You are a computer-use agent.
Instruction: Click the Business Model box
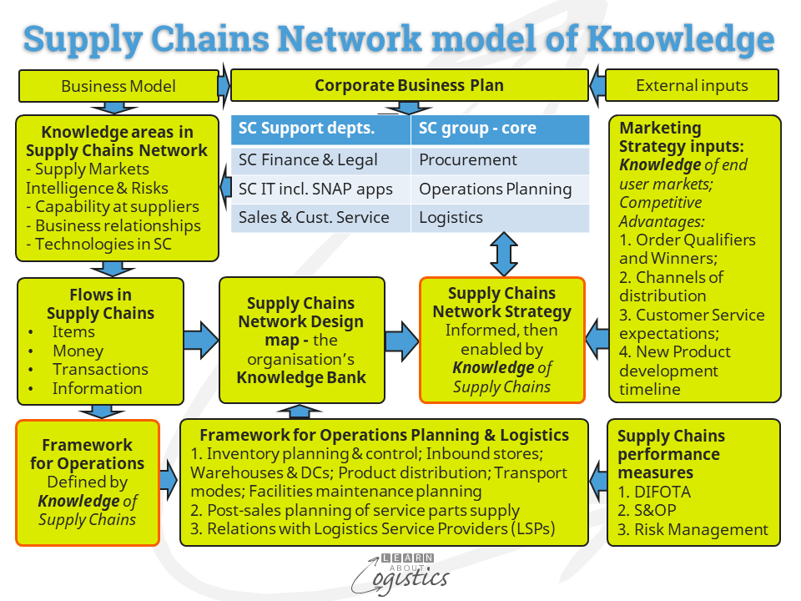coord(118,86)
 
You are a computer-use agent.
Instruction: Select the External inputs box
coord(692,85)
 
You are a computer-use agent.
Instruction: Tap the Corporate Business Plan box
coord(409,85)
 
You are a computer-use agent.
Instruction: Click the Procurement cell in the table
coord(500,160)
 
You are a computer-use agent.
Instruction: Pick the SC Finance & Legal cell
coord(320,160)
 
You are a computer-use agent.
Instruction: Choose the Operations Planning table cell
coord(500,189)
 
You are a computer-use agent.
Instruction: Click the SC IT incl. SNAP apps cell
coord(320,189)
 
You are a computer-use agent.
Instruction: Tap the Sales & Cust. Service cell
coord(320,218)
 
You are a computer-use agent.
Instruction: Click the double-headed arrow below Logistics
coord(504,255)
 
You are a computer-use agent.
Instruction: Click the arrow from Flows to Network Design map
coord(201,340)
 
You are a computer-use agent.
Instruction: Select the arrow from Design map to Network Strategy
coord(401,341)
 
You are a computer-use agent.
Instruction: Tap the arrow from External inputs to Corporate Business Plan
coord(597,85)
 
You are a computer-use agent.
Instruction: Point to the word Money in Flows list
coord(78,351)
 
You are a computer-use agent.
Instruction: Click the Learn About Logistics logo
coord(400,574)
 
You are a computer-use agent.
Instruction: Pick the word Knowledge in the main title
coord(681,39)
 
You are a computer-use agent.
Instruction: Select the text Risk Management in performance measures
coord(701,530)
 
